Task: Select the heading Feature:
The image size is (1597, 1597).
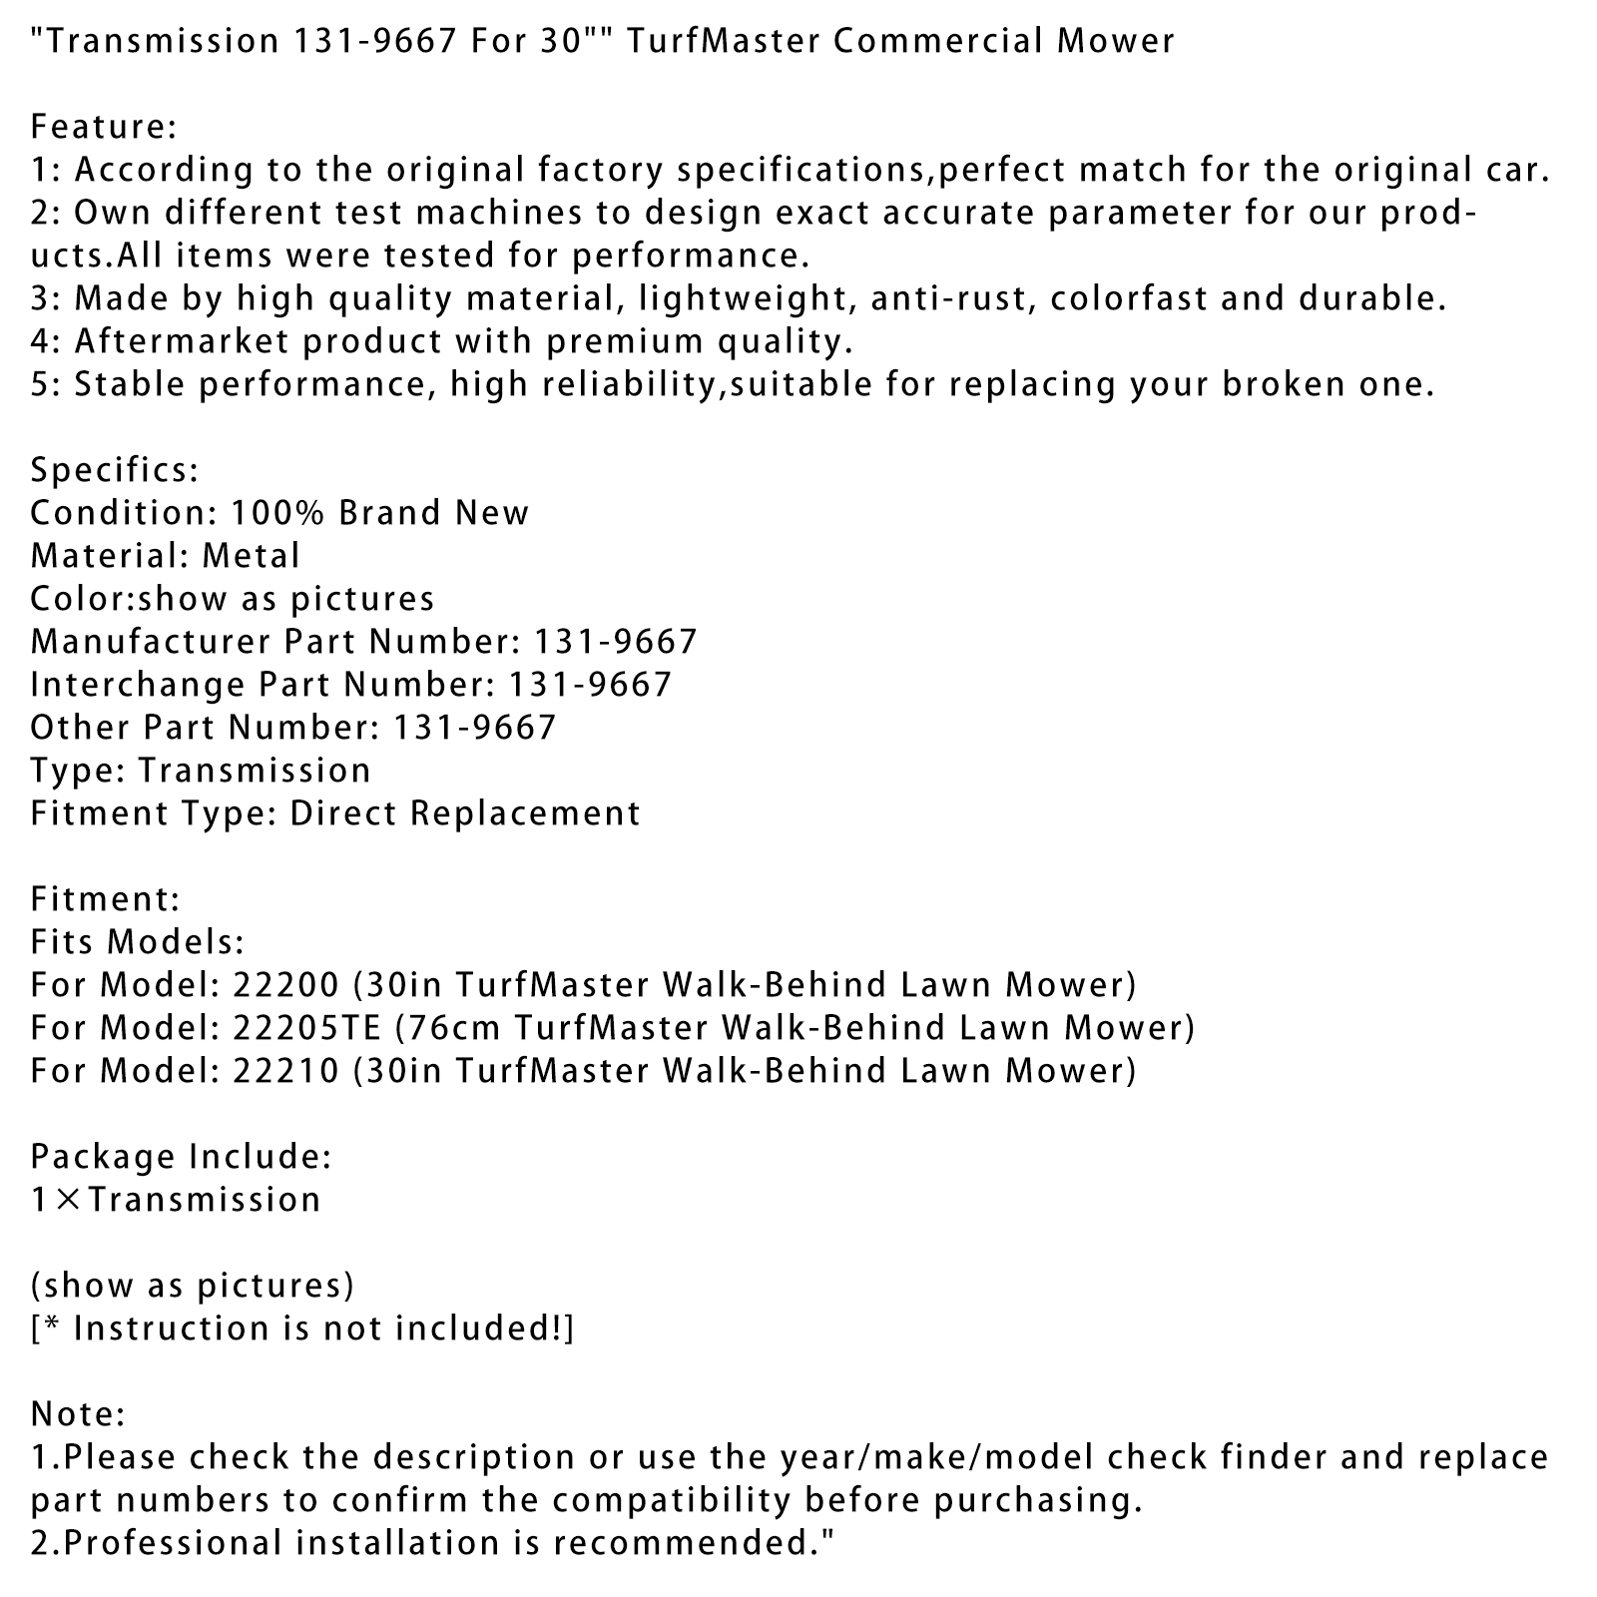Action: [104, 127]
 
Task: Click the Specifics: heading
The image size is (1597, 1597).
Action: [115, 470]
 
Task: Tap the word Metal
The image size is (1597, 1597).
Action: [251, 556]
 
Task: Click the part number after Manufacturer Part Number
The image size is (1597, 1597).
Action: [616, 642]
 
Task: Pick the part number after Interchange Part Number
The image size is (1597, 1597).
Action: [591, 685]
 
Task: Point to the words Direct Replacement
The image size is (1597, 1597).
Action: [465, 813]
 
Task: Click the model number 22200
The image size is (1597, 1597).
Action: [285, 985]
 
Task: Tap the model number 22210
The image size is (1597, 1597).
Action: [285, 1071]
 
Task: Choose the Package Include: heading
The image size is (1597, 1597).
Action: [181, 1157]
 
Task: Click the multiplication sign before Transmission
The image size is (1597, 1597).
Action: [67, 1200]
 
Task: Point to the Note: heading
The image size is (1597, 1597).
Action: [78, 1414]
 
